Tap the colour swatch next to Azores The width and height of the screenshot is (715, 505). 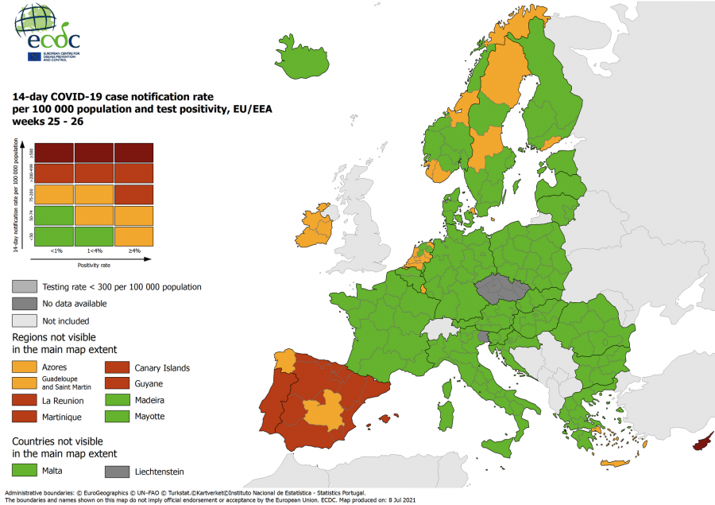25,367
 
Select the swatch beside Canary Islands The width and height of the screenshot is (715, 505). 118,367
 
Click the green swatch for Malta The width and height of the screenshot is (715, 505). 25,472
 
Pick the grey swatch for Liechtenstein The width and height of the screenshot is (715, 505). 118,472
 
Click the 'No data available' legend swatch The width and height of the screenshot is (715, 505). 25,303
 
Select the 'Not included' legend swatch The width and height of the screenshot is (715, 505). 25,320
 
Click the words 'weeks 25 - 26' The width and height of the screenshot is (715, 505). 47,122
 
